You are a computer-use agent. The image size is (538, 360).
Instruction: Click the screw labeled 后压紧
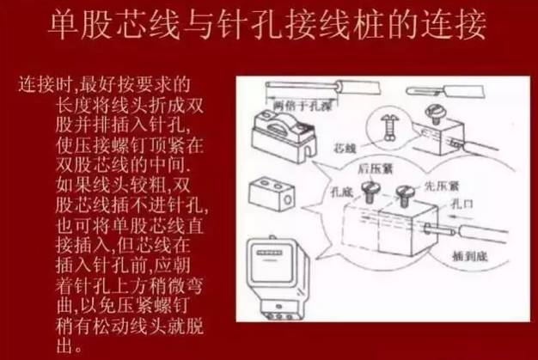click(x=372, y=191)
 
